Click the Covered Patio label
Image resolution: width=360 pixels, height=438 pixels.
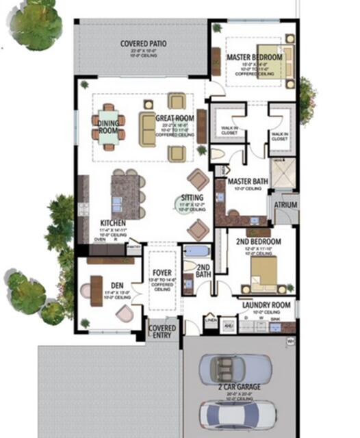click(144, 43)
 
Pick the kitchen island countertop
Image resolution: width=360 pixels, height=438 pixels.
click(125, 195)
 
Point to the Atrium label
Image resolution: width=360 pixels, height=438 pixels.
click(285, 203)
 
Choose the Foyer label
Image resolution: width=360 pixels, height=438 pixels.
click(162, 272)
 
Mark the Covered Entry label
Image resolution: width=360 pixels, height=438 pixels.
click(163, 332)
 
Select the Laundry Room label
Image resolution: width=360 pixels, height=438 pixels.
click(266, 305)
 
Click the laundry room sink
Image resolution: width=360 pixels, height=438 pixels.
click(274, 326)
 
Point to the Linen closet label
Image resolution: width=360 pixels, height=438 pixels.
click(211, 320)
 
